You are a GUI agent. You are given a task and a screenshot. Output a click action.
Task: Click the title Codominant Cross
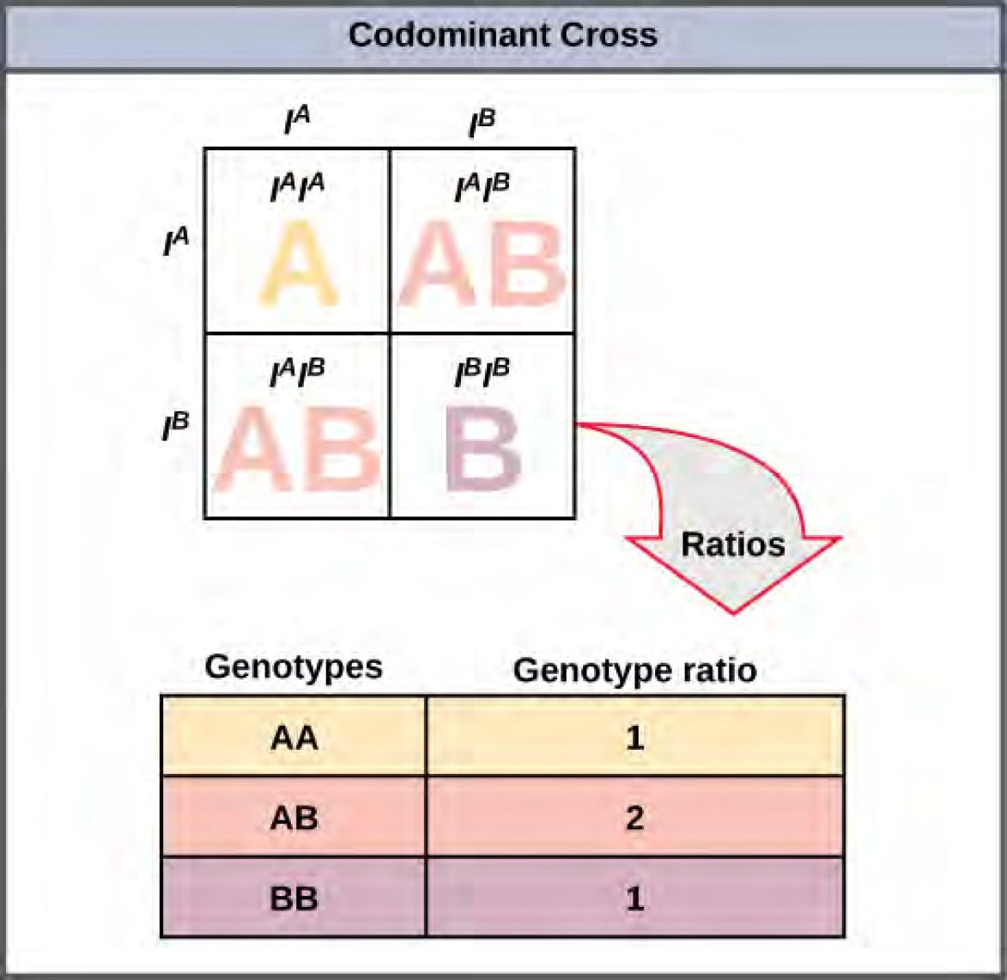[502, 35]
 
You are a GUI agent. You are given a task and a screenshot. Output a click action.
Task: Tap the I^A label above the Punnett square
[297, 122]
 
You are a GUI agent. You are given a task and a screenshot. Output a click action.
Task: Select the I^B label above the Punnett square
[482, 122]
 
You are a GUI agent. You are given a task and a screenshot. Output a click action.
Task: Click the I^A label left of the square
[175, 242]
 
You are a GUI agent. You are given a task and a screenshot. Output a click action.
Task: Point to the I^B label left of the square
[175, 426]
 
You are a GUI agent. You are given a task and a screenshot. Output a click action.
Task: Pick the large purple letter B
[483, 448]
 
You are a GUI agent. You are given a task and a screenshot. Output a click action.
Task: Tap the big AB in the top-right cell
[482, 264]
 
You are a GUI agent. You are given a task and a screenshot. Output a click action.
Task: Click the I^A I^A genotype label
[297, 188]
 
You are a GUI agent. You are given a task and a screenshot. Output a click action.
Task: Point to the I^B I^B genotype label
[482, 373]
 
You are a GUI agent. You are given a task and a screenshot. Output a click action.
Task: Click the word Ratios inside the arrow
[732, 544]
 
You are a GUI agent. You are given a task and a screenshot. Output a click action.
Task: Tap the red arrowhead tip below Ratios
[732, 611]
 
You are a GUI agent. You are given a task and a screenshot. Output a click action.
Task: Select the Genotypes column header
[294, 667]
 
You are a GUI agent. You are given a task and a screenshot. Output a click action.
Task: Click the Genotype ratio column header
[634, 670]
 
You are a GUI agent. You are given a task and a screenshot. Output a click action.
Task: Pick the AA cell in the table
[294, 737]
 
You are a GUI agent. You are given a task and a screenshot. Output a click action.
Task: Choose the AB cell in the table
[294, 818]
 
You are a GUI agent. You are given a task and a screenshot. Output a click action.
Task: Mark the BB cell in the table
[294, 898]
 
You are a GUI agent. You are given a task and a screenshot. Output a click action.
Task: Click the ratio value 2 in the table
[634, 818]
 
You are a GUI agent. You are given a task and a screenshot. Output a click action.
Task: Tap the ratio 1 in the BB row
[634, 898]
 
